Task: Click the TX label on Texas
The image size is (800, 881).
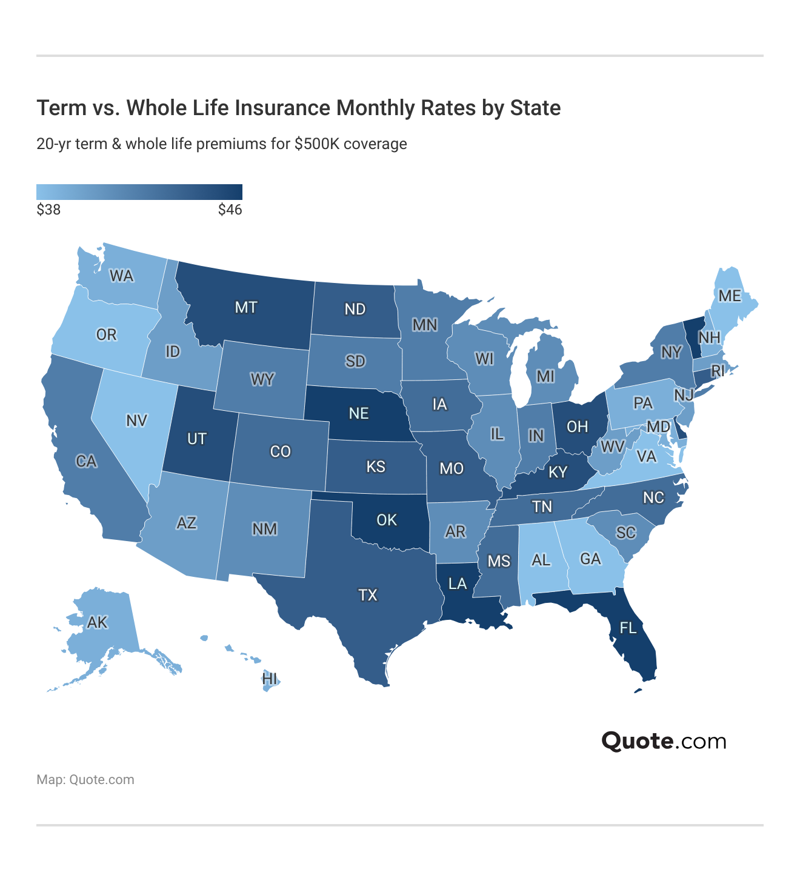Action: pyautogui.click(x=368, y=595)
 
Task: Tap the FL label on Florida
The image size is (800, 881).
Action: pyautogui.click(x=628, y=628)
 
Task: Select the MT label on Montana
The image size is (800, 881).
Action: pyautogui.click(x=246, y=307)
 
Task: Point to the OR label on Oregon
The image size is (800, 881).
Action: pyautogui.click(x=107, y=334)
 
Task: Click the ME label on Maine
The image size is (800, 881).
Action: pyautogui.click(x=730, y=296)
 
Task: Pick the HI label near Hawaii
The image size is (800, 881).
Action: pyautogui.click(x=270, y=679)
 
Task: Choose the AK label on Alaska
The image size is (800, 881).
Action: pyautogui.click(x=97, y=622)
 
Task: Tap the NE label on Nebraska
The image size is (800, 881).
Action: pyautogui.click(x=359, y=413)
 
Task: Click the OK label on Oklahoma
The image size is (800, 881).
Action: pyautogui.click(x=387, y=520)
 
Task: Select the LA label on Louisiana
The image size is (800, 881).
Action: pyautogui.click(x=458, y=583)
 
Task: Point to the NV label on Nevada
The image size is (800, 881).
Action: pyautogui.click(x=137, y=421)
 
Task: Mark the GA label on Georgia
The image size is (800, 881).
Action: pyautogui.click(x=591, y=559)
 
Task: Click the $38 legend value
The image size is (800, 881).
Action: pyautogui.click(x=48, y=210)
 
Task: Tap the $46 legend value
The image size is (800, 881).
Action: pyautogui.click(x=230, y=210)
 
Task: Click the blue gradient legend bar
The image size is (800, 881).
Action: pyautogui.click(x=139, y=191)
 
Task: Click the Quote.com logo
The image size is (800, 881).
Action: pyautogui.click(x=664, y=741)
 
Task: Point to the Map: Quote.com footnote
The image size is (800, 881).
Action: pyautogui.click(x=85, y=780)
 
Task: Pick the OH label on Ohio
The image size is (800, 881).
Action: pyautogui.click(x=577, y=427)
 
